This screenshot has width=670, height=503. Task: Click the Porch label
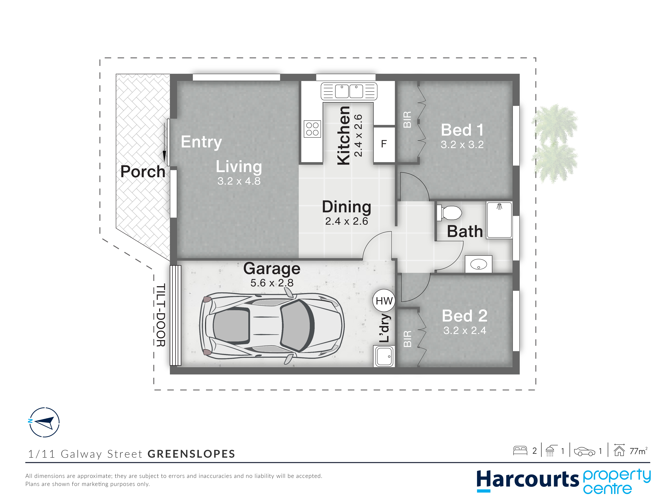(143, 172)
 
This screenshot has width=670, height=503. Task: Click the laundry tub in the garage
(384, 356)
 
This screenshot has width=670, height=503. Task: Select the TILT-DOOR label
(161, 315)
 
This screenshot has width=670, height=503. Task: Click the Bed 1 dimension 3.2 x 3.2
(462, 145)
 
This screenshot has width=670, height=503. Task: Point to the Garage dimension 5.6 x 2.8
(272, 283)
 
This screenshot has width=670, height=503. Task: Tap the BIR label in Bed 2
(408, 339)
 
